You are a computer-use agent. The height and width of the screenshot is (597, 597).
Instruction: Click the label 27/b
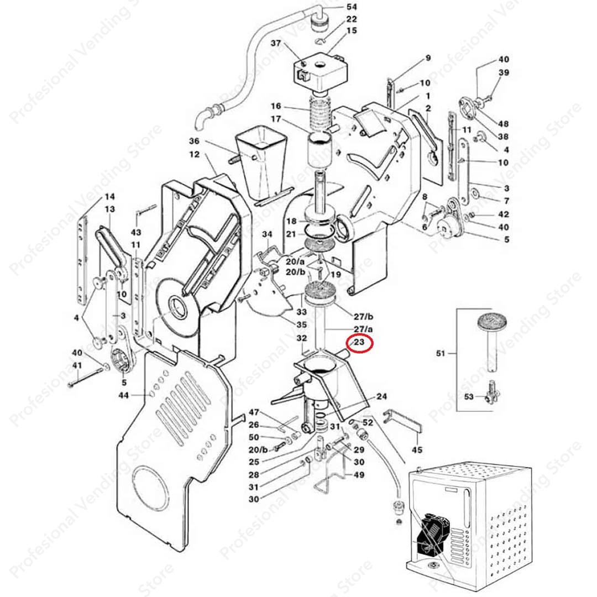click(363, 316)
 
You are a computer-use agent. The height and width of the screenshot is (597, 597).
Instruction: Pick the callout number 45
click(417, 449)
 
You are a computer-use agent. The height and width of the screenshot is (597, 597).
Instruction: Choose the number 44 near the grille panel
click(123, 395)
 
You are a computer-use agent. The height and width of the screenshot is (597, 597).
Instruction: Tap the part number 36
click(193, 141)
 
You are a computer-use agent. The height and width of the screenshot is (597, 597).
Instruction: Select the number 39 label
click(504, 72)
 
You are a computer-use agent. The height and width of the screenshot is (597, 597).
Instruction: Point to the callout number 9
click(427, 57)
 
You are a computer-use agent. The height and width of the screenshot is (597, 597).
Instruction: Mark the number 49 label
click(359, 474)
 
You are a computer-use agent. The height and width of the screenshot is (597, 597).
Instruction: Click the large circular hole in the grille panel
click(150, 486)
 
